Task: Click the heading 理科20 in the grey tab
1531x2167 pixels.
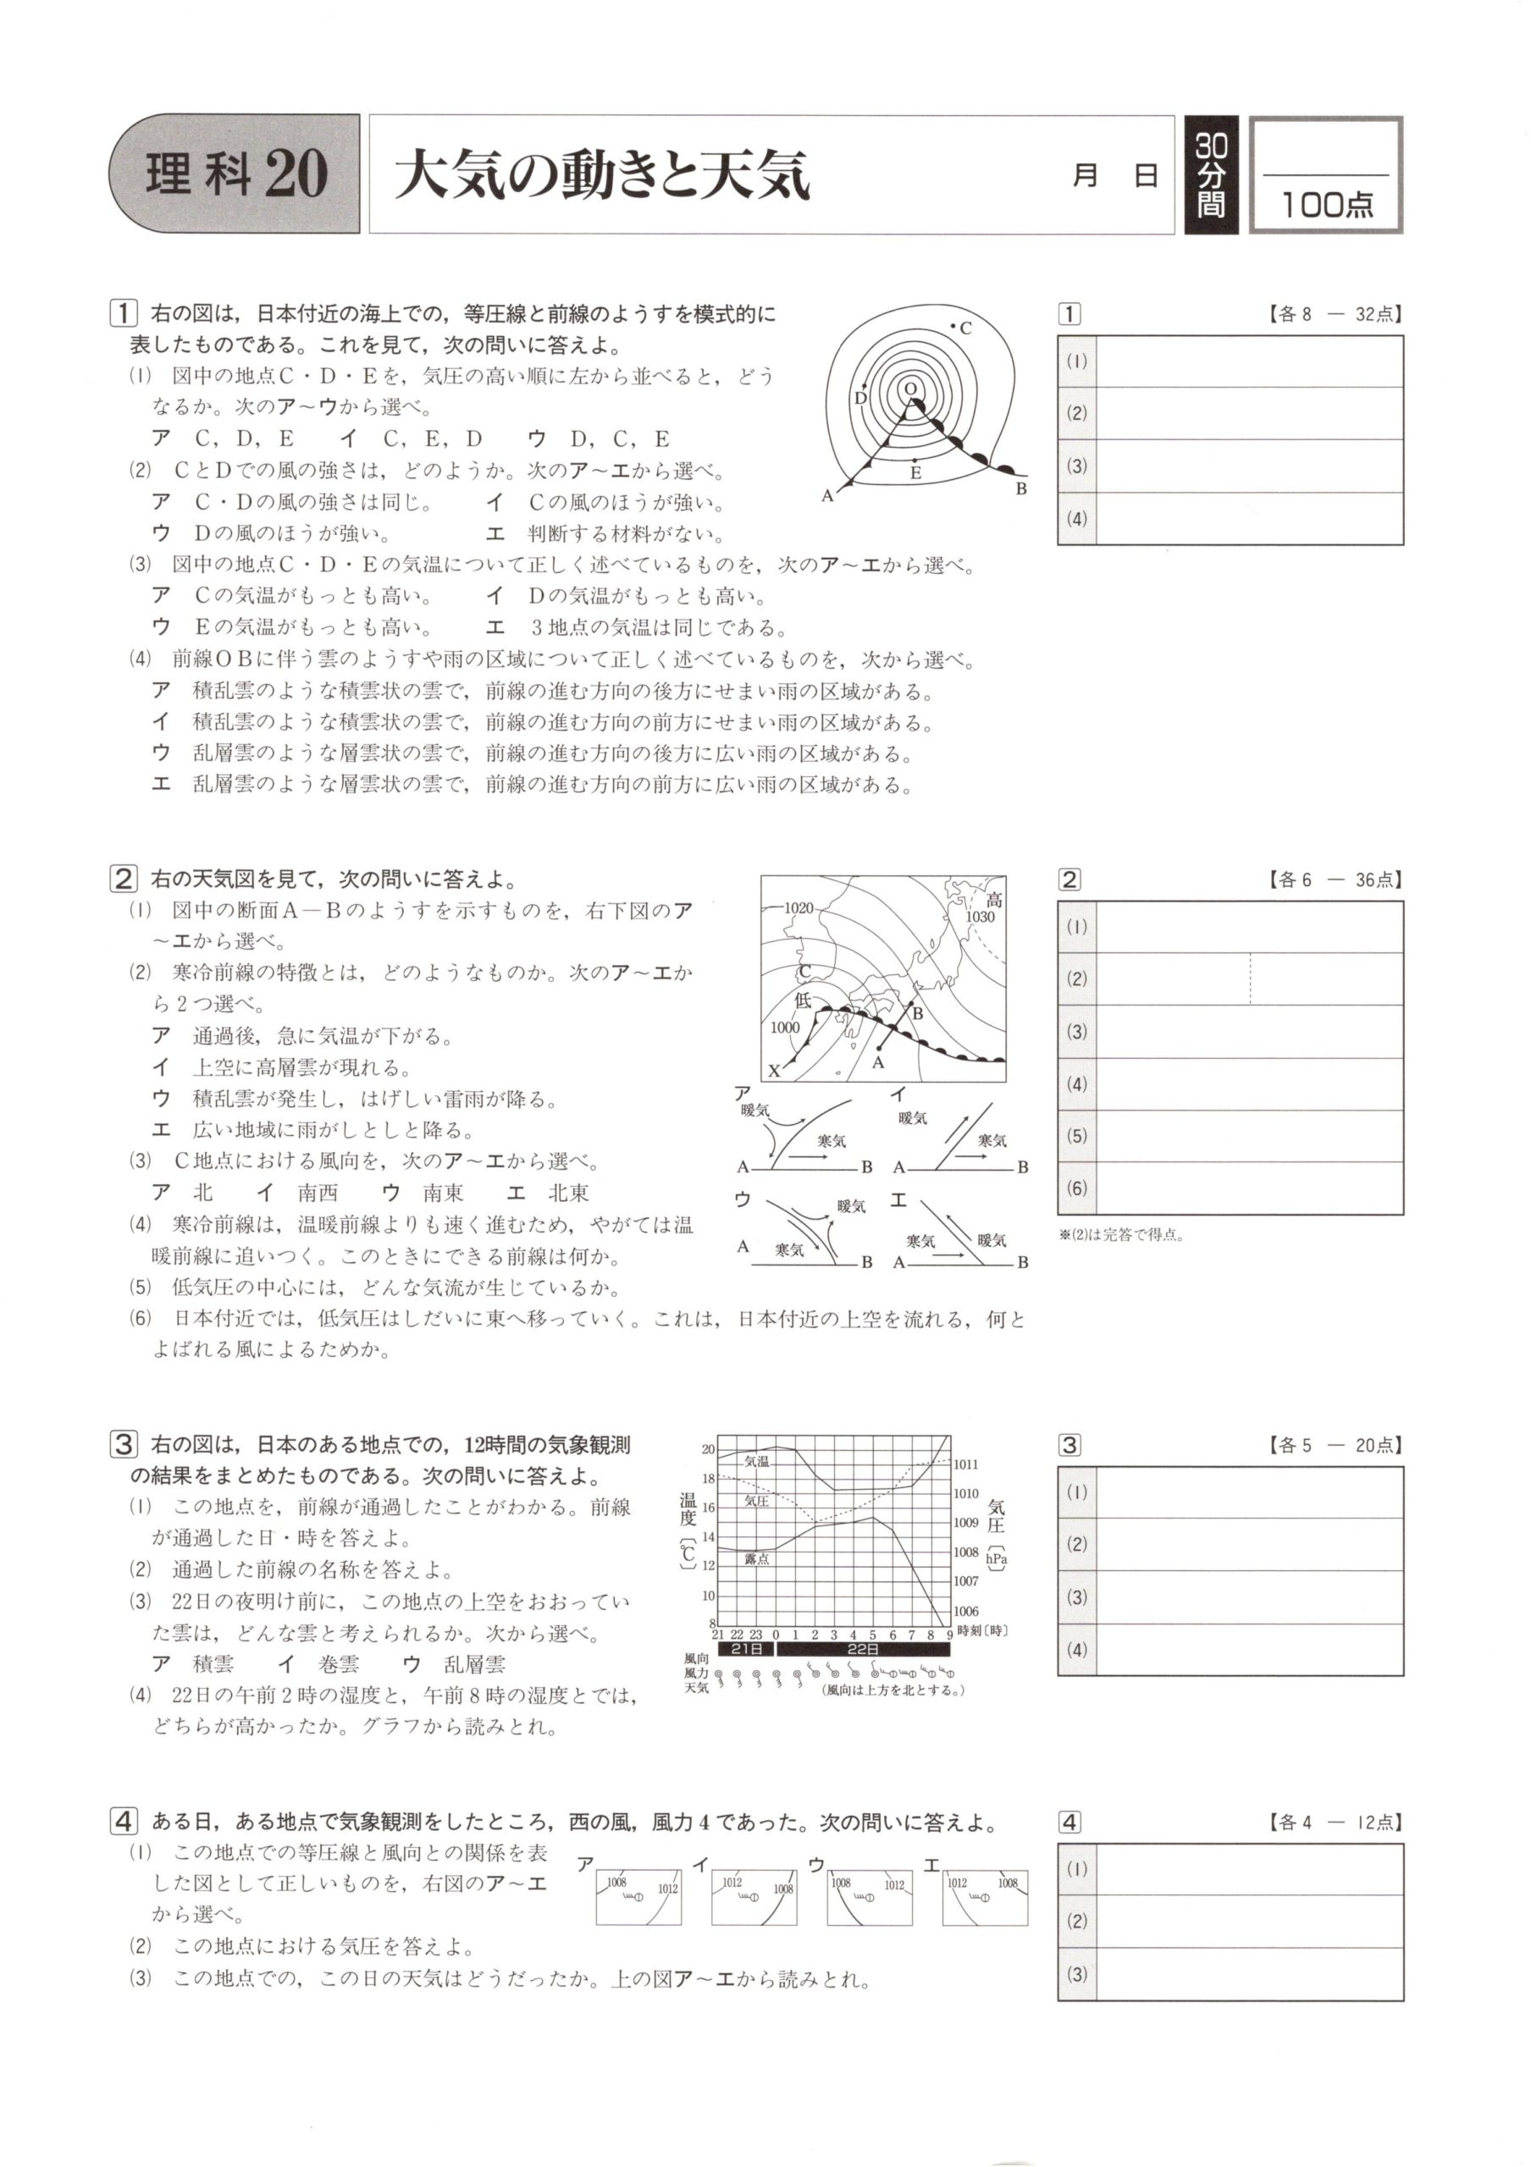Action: [x=236, y=174]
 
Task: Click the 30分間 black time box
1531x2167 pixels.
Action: [x=1211, y=174]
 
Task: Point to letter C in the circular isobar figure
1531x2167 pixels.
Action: [x=965, y=329]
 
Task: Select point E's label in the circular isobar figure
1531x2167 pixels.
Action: [x=915, y=474]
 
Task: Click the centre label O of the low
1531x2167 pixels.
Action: [x=910, y=388]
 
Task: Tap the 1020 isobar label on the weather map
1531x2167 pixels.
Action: [x=799, y=908]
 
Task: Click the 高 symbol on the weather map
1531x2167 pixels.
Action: [x=993, y=900]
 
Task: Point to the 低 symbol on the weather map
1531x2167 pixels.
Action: [x=804, y=1001]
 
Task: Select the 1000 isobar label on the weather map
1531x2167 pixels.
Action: [x=784, y=1028]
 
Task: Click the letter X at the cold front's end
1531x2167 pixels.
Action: [x=774, y=1072]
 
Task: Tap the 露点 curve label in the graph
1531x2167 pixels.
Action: [x=756, y=1559]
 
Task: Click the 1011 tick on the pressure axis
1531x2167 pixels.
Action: [x=965, y=1464]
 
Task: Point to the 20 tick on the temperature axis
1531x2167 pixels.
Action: [x=708, y=1450]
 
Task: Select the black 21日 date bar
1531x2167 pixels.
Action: [x=746, y=1649]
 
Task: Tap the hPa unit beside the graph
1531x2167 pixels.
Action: [x=996, y=1559]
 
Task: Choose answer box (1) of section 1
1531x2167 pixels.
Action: [x=1249, y=361]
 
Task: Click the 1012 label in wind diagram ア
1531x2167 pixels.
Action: [x=667, y=1889]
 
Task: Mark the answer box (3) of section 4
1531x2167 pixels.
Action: [x=1249, y=1975]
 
